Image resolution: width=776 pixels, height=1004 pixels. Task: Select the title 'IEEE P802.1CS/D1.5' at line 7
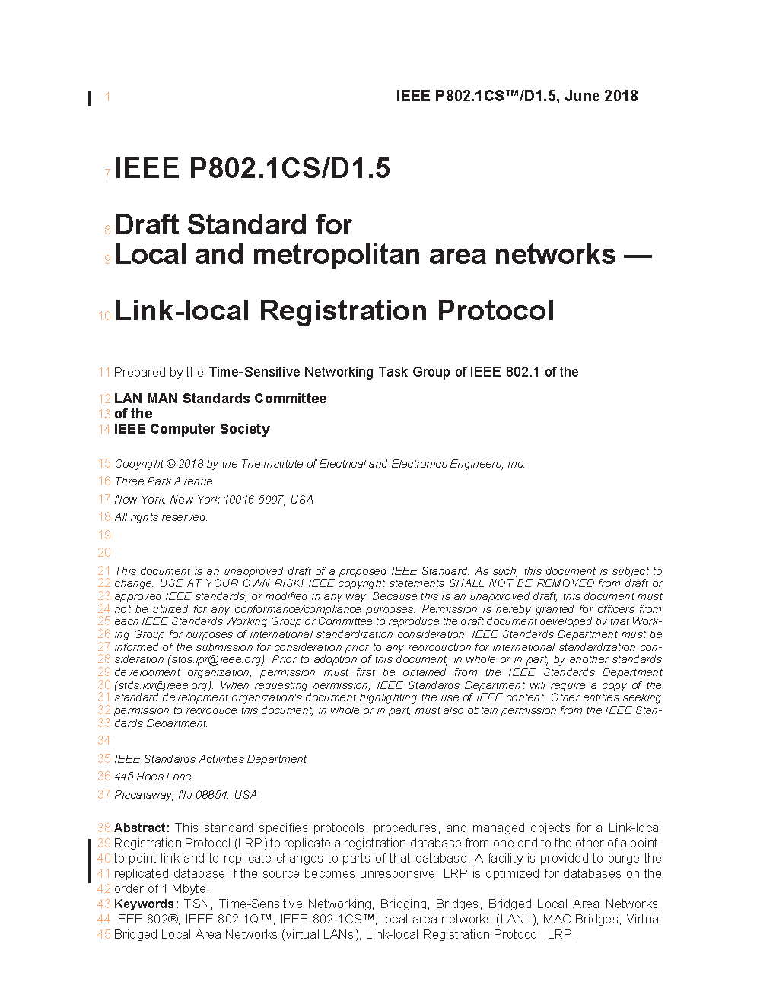(x=253, y=168)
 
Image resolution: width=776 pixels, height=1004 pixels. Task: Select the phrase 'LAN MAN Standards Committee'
(x=221, y=399)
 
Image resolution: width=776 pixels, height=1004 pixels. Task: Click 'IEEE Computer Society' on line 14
(x=192, y=429)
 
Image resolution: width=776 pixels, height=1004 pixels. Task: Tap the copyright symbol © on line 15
(x=170, y=464)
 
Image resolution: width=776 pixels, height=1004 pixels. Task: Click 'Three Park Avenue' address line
(x=164, y=481)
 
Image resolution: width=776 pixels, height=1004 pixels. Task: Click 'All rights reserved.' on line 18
(x=161, y=517)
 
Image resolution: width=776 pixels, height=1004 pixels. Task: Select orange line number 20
(x=104, y=553)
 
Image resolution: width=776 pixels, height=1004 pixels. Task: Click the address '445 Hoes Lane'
(x=153, y=777)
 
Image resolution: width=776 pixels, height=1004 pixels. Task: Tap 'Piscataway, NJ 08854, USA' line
(x=186, y=795)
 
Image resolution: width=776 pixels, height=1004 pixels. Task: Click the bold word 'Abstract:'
(x=142, y=828)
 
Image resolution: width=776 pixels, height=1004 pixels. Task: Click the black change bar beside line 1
(x=90, y=98)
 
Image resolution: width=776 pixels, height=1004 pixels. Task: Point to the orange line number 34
(x=104, y=741)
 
